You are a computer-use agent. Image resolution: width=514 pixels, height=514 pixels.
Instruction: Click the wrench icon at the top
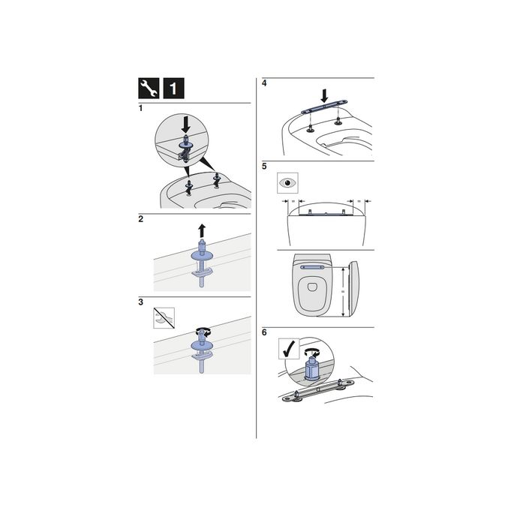point(148,89)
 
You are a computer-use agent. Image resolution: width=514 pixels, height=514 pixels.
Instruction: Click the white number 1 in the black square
point(172,89)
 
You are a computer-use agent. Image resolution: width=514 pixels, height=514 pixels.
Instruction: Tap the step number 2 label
point(140,220)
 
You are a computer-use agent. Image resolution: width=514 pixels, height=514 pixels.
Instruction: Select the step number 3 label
point(140,302)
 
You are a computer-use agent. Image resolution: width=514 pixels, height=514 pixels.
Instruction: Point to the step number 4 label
point(264,83)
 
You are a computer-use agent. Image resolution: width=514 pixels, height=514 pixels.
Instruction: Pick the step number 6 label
point(264,332)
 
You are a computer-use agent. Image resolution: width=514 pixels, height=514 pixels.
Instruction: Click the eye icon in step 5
point(287,182)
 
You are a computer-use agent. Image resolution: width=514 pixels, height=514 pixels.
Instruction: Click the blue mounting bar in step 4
point(323,110)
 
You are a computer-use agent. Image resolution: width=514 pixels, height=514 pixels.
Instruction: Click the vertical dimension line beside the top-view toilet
point(344,292)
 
